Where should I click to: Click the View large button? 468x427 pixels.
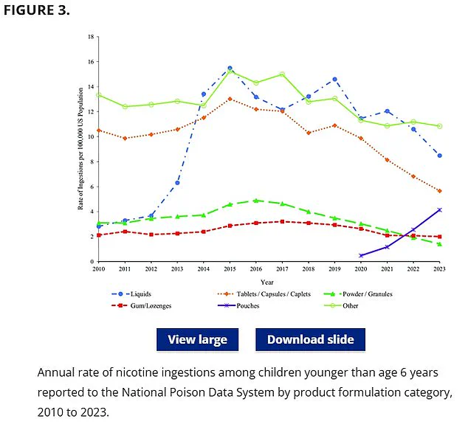197,339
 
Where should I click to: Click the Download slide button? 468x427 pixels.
310,339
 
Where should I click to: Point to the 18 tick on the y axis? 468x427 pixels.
90,37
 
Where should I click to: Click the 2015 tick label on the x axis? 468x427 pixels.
230,269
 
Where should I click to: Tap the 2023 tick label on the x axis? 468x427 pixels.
440,269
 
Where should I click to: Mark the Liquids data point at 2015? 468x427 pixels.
230,68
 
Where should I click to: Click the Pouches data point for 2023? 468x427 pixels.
440,210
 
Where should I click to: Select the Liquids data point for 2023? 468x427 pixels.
440,156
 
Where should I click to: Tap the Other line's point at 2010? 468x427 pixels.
99,95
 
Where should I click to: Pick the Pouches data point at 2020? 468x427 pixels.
361,255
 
